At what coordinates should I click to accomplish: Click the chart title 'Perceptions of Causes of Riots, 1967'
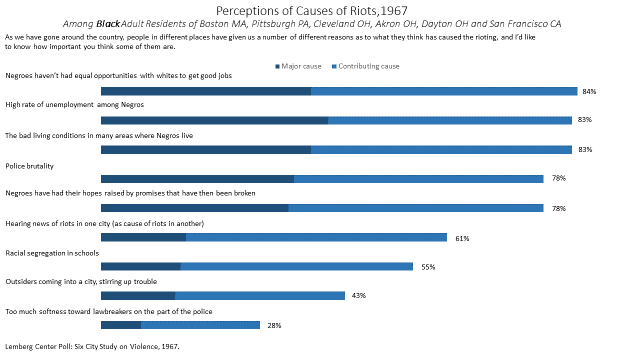319,10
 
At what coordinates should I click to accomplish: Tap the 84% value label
589,91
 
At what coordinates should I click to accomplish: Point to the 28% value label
273,325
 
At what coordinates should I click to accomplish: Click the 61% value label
462,238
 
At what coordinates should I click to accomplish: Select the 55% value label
428,267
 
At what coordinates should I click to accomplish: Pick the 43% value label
358,296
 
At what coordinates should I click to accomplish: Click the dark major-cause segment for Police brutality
197,179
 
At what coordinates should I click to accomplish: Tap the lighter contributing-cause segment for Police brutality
418,179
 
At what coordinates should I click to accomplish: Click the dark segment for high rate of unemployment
214,120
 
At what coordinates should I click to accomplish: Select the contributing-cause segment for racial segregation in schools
296,267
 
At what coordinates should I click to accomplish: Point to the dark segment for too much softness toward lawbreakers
121,325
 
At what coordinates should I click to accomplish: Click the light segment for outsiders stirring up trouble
259,296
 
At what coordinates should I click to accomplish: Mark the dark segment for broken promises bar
194,208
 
